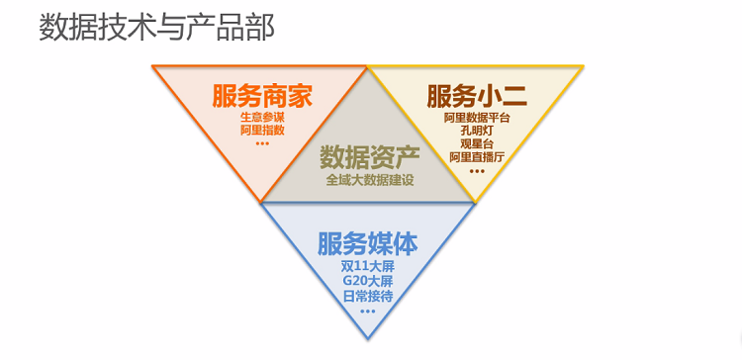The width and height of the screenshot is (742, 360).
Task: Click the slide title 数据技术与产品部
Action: (156, 27)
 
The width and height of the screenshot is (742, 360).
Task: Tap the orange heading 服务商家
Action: (262, 97)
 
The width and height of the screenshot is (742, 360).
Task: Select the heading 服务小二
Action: (477, 97)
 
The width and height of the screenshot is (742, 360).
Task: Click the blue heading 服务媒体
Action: (368, 243)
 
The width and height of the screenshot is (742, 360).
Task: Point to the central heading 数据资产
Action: (369, 158)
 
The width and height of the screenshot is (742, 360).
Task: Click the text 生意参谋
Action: (262, 118)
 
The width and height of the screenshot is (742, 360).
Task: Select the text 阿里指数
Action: (262, 130)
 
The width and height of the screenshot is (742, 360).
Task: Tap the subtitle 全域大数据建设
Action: (369, 180)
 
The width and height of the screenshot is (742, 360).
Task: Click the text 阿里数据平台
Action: (477, 118)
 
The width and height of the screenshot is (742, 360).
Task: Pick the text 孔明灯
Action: (477, 131)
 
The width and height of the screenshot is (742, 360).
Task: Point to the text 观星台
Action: (477, 143)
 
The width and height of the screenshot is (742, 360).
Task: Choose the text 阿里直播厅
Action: (477, 156)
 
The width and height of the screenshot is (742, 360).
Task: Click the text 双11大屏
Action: (368, 266)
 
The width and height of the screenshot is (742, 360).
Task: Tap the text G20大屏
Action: (368, 281)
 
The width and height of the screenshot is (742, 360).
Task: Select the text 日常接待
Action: (368, 296)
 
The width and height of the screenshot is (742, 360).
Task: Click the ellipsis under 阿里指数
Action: (262, 143)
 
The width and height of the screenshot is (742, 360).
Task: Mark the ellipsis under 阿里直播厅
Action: (477, 170)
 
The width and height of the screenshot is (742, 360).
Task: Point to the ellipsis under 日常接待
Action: (368, 311)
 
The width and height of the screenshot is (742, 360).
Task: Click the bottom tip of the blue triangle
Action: (368, 338)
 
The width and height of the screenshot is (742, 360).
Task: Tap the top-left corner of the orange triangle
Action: (152, 66)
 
